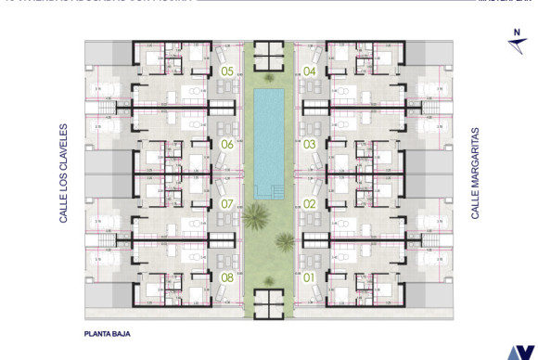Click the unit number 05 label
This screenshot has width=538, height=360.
(227, 71)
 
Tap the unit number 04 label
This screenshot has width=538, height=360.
(310, 71)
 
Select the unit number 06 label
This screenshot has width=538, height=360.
(227, 144)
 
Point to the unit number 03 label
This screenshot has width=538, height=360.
(310, 144)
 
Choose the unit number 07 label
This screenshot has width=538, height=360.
(227, 203)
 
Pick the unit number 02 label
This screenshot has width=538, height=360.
(310, 203)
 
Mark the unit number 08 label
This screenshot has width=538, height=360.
(227, 276)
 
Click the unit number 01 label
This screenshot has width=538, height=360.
(310, 276)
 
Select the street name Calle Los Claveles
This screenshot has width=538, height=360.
(64, 173)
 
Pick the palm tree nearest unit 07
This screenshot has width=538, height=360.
(252, 219)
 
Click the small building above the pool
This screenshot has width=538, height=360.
(269, 57)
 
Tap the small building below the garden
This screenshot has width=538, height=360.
(269, 302)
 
